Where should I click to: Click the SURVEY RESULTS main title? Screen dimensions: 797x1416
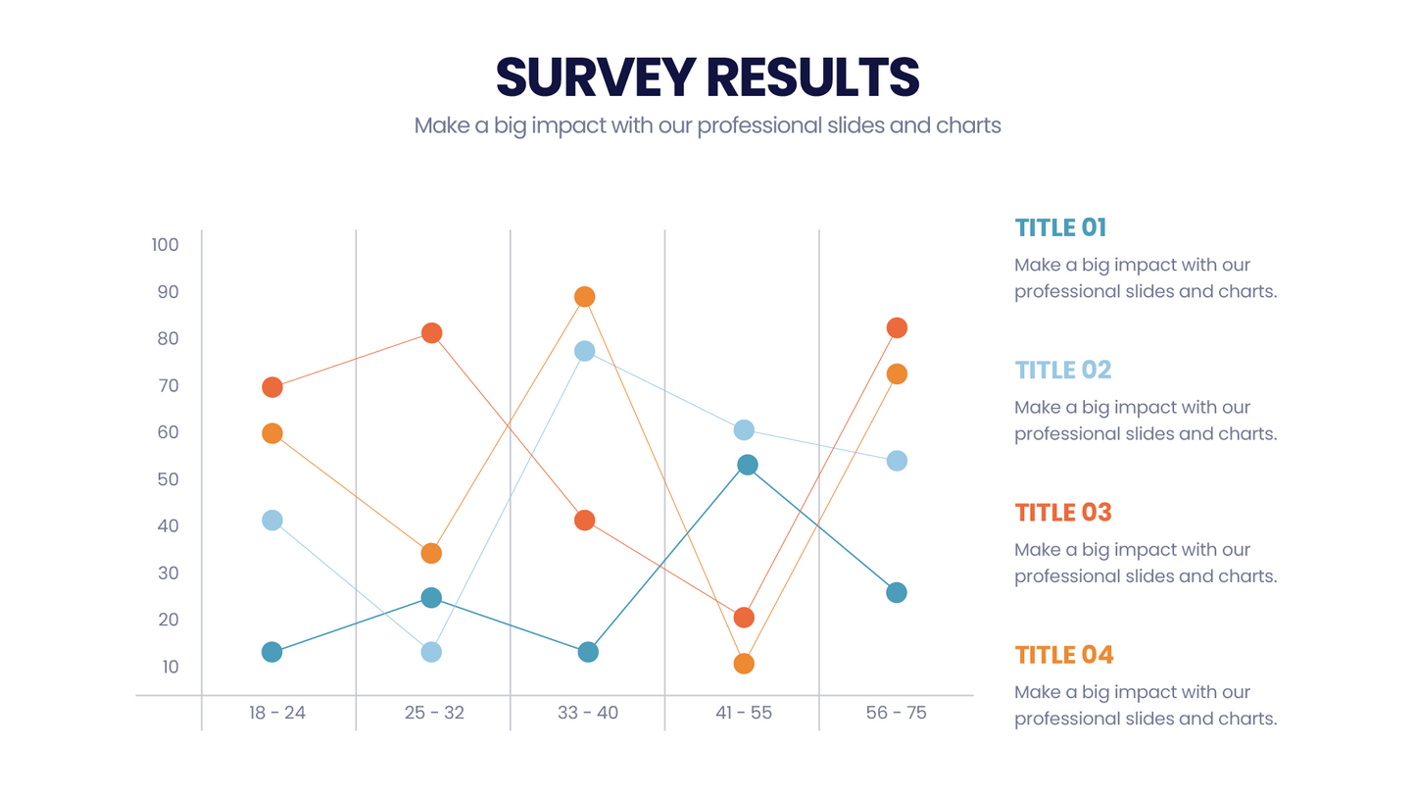(x=708, y=76)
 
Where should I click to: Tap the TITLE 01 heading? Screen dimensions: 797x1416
(x=1060, y=227)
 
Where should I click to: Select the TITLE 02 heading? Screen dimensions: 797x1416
(x=1063, y=370)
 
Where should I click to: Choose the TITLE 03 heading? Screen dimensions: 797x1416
(x=1063, y=512)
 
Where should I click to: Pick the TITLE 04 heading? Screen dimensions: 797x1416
(x=1064, y=655)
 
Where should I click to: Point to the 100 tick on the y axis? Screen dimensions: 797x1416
(x=166, y=244)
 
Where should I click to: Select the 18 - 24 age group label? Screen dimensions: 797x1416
(x=277, y=713)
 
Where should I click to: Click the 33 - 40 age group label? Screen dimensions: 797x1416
(x=587, y=713)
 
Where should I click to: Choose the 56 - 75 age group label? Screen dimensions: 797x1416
(x=896, y=713)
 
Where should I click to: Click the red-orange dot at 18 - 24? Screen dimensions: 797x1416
(x=272, y=387)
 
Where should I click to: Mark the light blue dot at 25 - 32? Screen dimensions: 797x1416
(x=431, y=652)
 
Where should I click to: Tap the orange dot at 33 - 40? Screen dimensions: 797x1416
(x=585, y=297)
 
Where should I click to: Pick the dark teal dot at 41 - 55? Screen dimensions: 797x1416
(x=747, y=465)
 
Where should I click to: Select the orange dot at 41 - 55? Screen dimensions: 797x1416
(x=744, y=664)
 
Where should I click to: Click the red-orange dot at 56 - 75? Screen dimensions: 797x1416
(x=897, y=327)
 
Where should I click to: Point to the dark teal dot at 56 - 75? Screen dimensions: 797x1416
(x=897, y=592)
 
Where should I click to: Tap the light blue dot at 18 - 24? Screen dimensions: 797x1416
(x=272, y=521)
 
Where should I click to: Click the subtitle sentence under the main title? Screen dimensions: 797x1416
(x=708, y=125)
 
